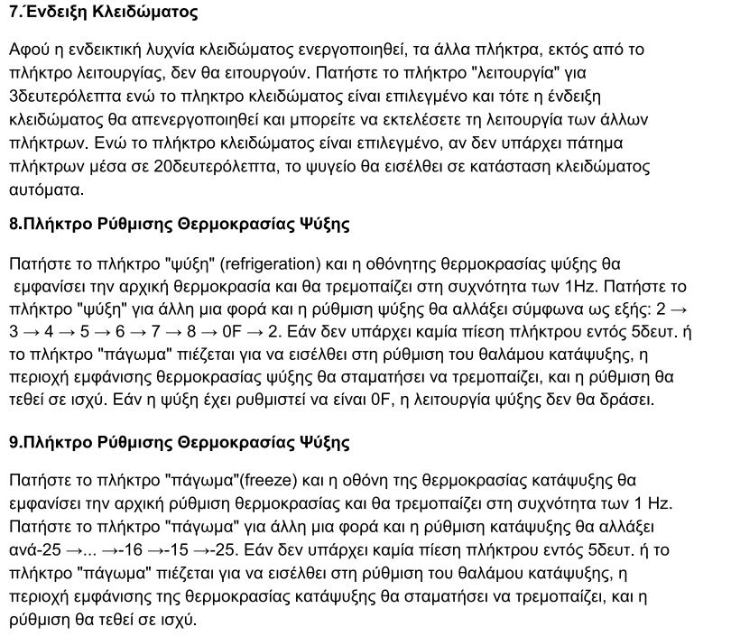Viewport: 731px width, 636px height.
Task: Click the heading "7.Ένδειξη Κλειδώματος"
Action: click(x=103, y=13)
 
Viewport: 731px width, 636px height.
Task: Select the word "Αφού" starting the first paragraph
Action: click(x=29, y=49)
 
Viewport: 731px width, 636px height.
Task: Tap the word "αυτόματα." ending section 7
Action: click(x=46, y=189)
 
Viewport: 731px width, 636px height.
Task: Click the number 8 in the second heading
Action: click(x=14, y=224)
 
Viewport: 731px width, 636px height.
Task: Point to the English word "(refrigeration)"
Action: click(x=271, y=263)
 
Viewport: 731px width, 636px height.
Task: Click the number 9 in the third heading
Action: click(x=14, y=442)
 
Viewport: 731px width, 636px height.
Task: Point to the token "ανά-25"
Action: click(x=35, y=549)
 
